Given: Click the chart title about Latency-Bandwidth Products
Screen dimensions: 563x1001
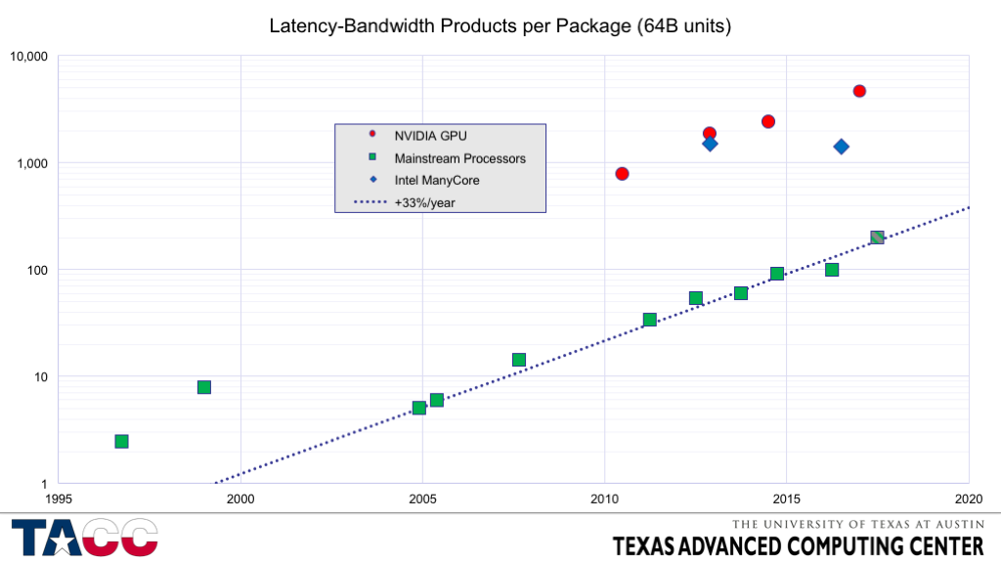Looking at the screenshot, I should pyautogui.click(x=500, y=26).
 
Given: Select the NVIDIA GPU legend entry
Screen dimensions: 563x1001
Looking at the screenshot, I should pyautogui.click(x=429, y=134).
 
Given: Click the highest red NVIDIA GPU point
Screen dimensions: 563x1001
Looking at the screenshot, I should pyautogui.click(x=859, y=91).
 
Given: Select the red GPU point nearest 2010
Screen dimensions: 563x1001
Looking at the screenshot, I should pyautogui.click(x=622, y=174).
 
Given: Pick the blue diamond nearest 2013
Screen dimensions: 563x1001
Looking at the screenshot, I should pyautogui.click(x=710, y=144).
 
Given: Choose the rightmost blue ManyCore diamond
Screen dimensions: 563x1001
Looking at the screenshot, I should pyautogui.click(x=841, y=147).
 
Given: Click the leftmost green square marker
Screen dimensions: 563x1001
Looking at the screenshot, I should pyautogui.click(x=121, y=442).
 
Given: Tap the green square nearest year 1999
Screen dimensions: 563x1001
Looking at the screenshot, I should pyautogui.click(x=204, y=387).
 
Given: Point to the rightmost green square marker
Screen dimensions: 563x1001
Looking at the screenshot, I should pyautogui.click(x=877, y=238).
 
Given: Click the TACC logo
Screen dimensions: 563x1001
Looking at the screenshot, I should pyautogui.click(x=84, y=538).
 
